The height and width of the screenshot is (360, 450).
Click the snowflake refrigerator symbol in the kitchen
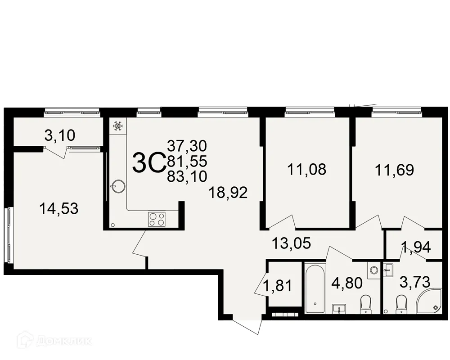[117, 126]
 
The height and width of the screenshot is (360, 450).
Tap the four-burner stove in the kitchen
[157, 219]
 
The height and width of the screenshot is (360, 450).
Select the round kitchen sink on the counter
[117, 186]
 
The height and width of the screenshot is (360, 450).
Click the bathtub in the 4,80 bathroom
[314, 288]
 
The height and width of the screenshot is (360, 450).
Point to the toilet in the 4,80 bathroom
[366, 303]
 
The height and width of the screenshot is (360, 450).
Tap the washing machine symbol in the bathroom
[373, 270]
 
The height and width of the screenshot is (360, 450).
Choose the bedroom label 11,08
[306, 170]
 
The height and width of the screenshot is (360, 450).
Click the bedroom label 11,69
[394, 170]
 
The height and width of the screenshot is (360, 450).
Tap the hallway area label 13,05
[292, 244]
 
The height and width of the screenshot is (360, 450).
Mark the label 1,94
[416, 247]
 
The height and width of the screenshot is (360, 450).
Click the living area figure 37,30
[187, 145]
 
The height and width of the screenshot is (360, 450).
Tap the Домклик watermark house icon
[25, 341]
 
